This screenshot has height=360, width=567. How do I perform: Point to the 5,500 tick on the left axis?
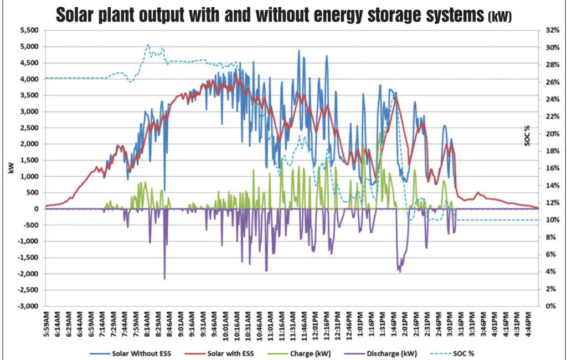pyautogui.click(x=29, y=30)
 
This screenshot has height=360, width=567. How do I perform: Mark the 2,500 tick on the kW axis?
pyautogui.click(x=29, y=128)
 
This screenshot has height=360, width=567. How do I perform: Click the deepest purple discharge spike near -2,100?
pyautogui.click(x=164, y=278)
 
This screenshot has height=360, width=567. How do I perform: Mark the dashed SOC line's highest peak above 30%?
pyautogui.click(x=148, y=45)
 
